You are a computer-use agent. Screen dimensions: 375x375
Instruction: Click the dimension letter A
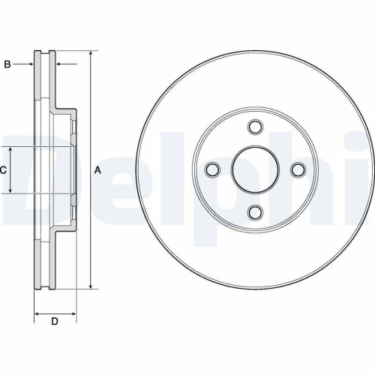click(x=97, y=170)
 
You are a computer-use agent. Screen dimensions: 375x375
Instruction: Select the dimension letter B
click(x=7, y=65)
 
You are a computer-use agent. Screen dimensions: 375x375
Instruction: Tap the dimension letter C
click(x=3, y=170)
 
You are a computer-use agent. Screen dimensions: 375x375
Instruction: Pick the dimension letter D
click(x=54, y=322)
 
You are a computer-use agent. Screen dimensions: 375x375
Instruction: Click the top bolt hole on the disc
click(x=255, y=127)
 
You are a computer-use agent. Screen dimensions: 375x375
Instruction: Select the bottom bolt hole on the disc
click(x=255, y=210)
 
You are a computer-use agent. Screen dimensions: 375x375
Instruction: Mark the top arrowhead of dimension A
click(x=90, y=55)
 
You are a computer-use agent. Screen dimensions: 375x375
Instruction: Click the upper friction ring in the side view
click(x=45, y=82)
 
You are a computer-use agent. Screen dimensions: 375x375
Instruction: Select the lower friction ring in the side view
click(x=45, y=259)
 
